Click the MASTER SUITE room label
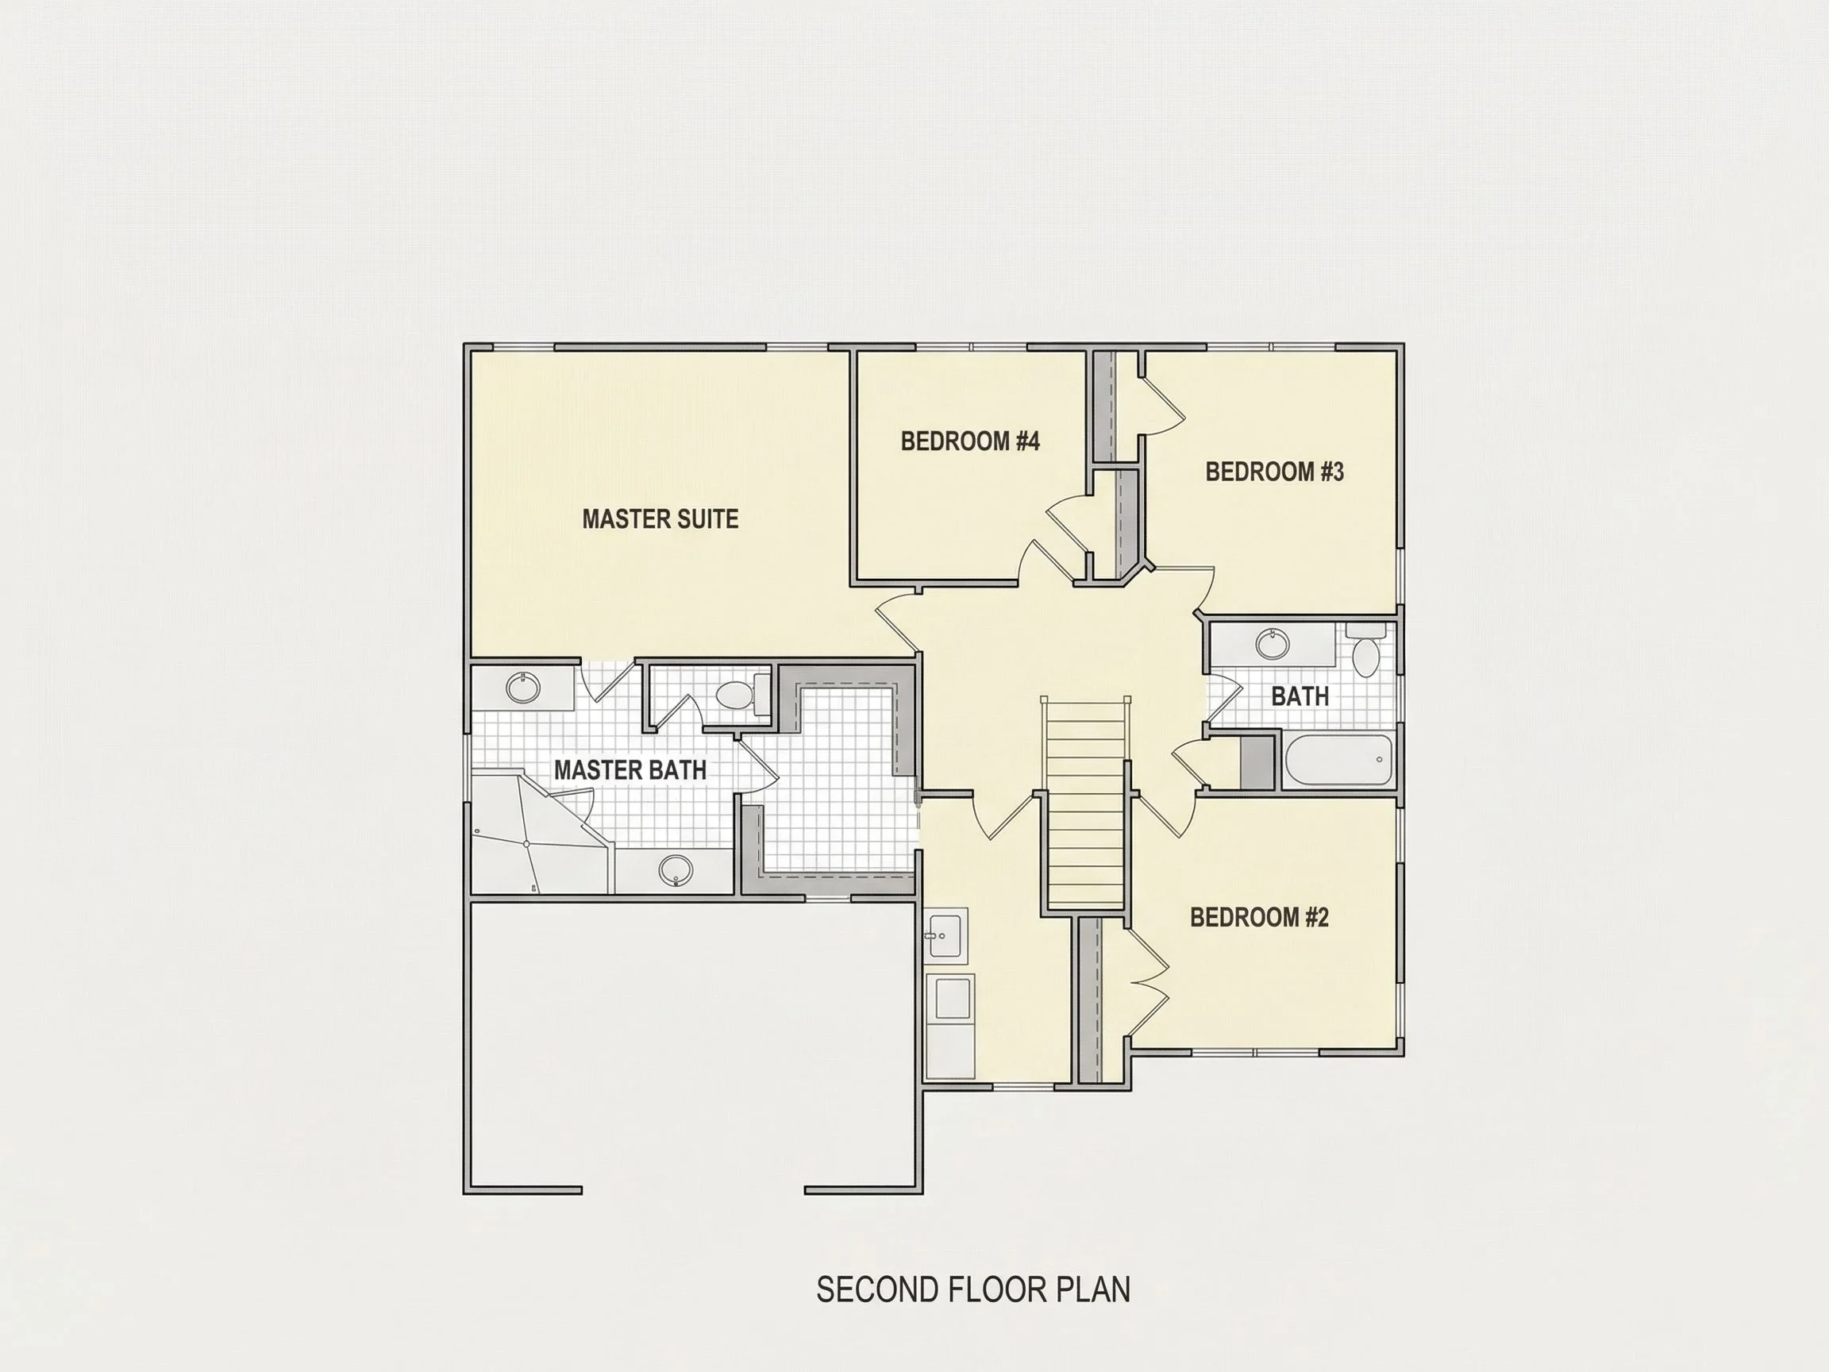click(x=660, y=518)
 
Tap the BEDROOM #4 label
click(x=970, y=441)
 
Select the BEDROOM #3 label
click(x=1274, y=472)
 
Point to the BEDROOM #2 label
click(x=1258, y=917)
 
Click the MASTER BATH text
click(x=630, y=770)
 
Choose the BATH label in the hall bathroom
click(x=1300, y=696)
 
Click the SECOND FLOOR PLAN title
click(x=973, y=1290)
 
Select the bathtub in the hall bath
click(x=1338, y=760)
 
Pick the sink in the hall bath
click(x=1272, y=644)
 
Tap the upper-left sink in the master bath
click(x=522, y=688)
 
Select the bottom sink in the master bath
click(x=676, y=870)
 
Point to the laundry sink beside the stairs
click(x=946, y=936)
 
